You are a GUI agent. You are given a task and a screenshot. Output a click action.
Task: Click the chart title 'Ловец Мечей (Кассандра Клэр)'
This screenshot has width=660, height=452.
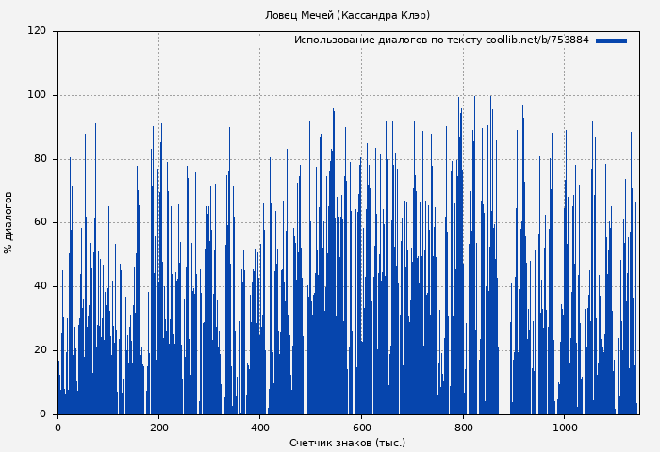point(347,15)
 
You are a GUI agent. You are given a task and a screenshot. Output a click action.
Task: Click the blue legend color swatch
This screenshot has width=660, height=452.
point(611,40)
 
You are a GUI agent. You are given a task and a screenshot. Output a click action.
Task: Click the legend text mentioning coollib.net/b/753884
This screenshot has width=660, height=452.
point(441,40)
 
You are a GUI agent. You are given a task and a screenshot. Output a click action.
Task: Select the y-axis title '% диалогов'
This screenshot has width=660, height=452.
point(8,222)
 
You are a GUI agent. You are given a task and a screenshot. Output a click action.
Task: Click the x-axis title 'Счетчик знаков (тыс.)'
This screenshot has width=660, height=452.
point(347,443)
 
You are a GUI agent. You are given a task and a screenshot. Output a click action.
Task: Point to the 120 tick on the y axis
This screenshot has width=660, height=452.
point(37,31)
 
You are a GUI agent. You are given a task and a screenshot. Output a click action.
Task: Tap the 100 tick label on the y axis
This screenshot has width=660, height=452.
point(37,95)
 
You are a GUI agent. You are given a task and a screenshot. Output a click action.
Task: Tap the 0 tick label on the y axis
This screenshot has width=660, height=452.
point(42,413)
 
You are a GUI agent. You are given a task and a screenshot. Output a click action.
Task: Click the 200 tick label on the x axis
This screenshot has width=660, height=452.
point(158,428)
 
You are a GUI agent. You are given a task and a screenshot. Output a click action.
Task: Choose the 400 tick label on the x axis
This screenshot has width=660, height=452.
point(260,428)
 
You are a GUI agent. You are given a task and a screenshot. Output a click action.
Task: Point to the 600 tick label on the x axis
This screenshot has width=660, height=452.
point(361,428)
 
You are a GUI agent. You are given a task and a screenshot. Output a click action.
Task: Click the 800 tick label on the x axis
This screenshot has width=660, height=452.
point(463,428)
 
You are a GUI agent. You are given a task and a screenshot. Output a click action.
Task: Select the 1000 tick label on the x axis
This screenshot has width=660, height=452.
point(565,428)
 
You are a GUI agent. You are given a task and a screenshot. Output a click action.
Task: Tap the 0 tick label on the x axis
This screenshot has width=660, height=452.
point(58,428)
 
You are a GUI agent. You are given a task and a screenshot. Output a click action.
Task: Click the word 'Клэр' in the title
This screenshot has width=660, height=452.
point(414,15)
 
